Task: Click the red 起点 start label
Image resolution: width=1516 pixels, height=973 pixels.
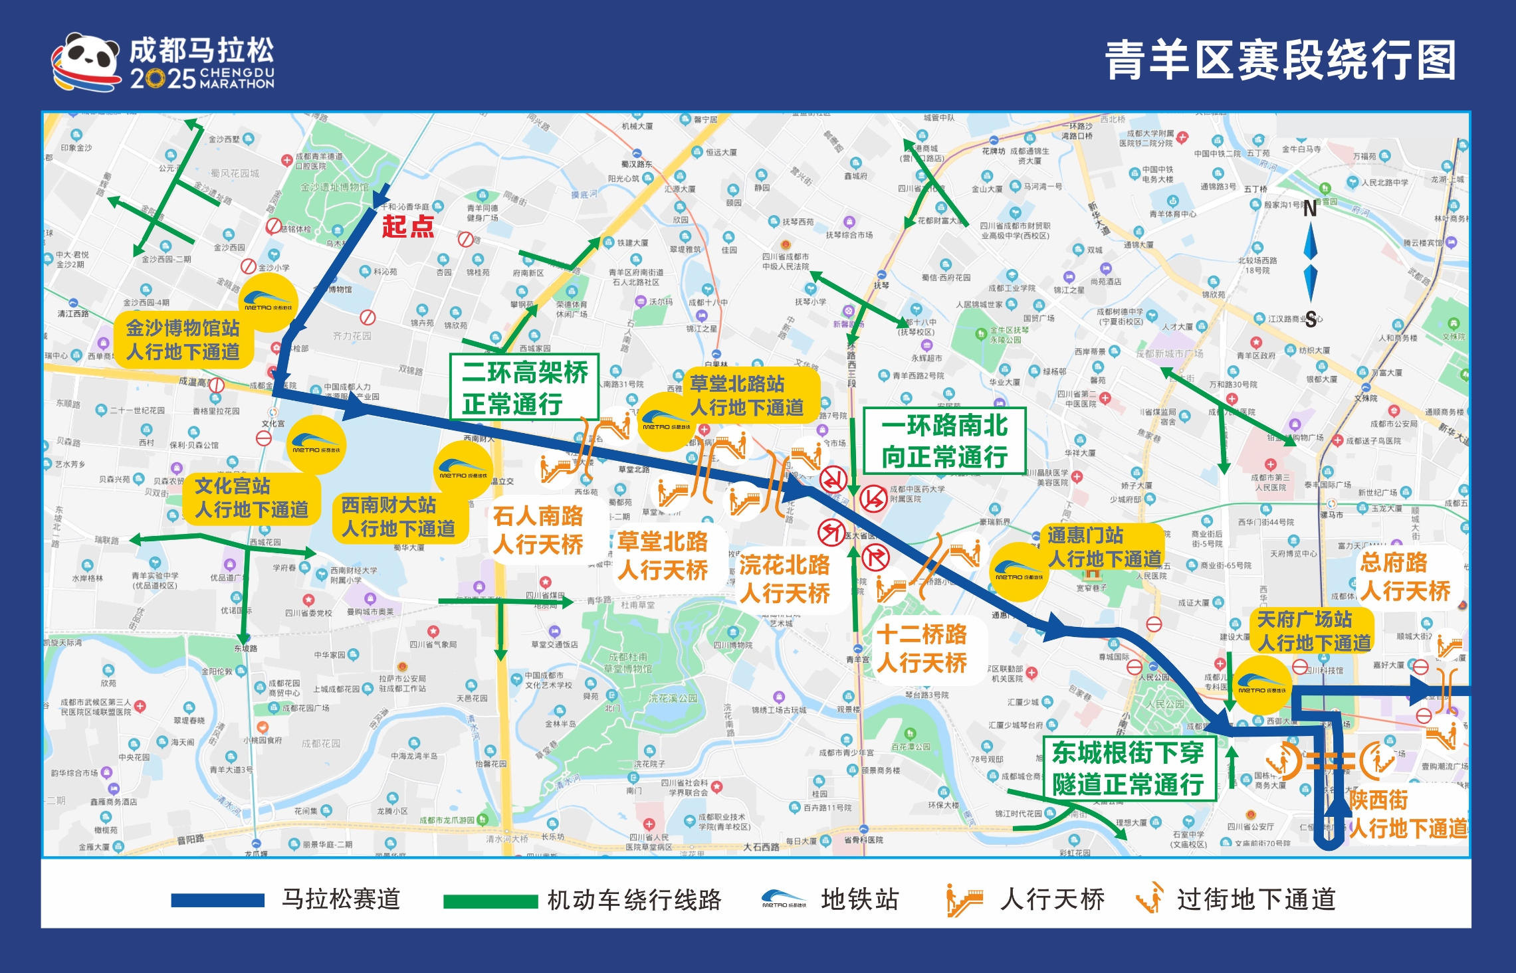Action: click(407, 226)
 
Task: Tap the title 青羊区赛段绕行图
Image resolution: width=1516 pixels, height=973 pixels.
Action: click(1280, 60)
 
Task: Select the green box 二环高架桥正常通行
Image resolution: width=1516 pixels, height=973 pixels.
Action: click(524, 387)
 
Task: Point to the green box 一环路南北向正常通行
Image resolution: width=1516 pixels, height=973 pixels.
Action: click(944, 440)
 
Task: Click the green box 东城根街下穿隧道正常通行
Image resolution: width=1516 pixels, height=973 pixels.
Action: click(1128, 768)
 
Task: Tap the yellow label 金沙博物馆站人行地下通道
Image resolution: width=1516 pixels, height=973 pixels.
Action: click(183, 339)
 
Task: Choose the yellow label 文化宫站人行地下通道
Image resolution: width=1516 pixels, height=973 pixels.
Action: click(251, 497)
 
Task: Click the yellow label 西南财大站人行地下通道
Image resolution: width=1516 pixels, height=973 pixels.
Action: click(398, 517)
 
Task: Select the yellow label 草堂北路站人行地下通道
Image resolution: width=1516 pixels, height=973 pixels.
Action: click(746, 395)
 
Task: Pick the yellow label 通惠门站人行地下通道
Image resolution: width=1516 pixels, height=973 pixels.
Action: click(1104, 547)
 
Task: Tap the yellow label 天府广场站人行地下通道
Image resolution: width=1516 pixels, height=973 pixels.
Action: click(1313, 631)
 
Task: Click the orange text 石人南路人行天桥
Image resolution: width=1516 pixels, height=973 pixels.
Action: click(538, 529)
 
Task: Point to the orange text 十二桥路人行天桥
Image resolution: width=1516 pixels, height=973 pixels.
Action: click(922, 648)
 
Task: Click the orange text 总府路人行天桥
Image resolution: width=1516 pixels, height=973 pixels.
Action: click(1404, 576)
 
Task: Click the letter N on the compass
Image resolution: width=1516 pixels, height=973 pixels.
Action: click(1310, 209)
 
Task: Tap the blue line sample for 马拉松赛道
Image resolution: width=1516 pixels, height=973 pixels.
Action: click(217, 900)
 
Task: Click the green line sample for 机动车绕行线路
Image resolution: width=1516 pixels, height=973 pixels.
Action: click(490, 901)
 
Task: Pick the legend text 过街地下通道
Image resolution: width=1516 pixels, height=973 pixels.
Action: click(1255, 899)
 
